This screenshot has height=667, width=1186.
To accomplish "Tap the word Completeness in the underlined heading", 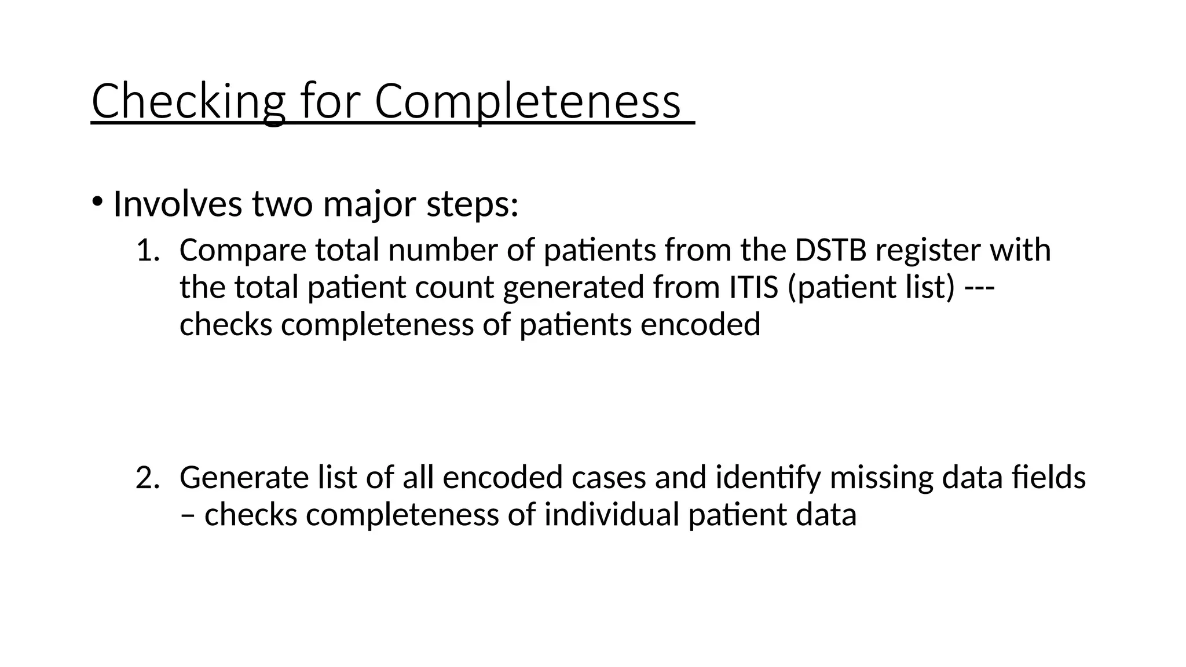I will (527, 101).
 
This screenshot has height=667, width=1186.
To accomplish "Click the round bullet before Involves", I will (97, 202).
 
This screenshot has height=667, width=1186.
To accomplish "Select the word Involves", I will (177, 204).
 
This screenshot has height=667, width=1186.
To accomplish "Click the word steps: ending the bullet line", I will (472, 204).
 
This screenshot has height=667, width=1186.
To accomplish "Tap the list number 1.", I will (147, 250).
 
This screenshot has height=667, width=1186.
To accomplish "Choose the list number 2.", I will (147, 478).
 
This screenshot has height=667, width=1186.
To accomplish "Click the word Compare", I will (243, 250).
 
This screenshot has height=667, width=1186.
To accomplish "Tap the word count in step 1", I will (454, 287).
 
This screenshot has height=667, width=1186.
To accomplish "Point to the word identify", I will (768, 478).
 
